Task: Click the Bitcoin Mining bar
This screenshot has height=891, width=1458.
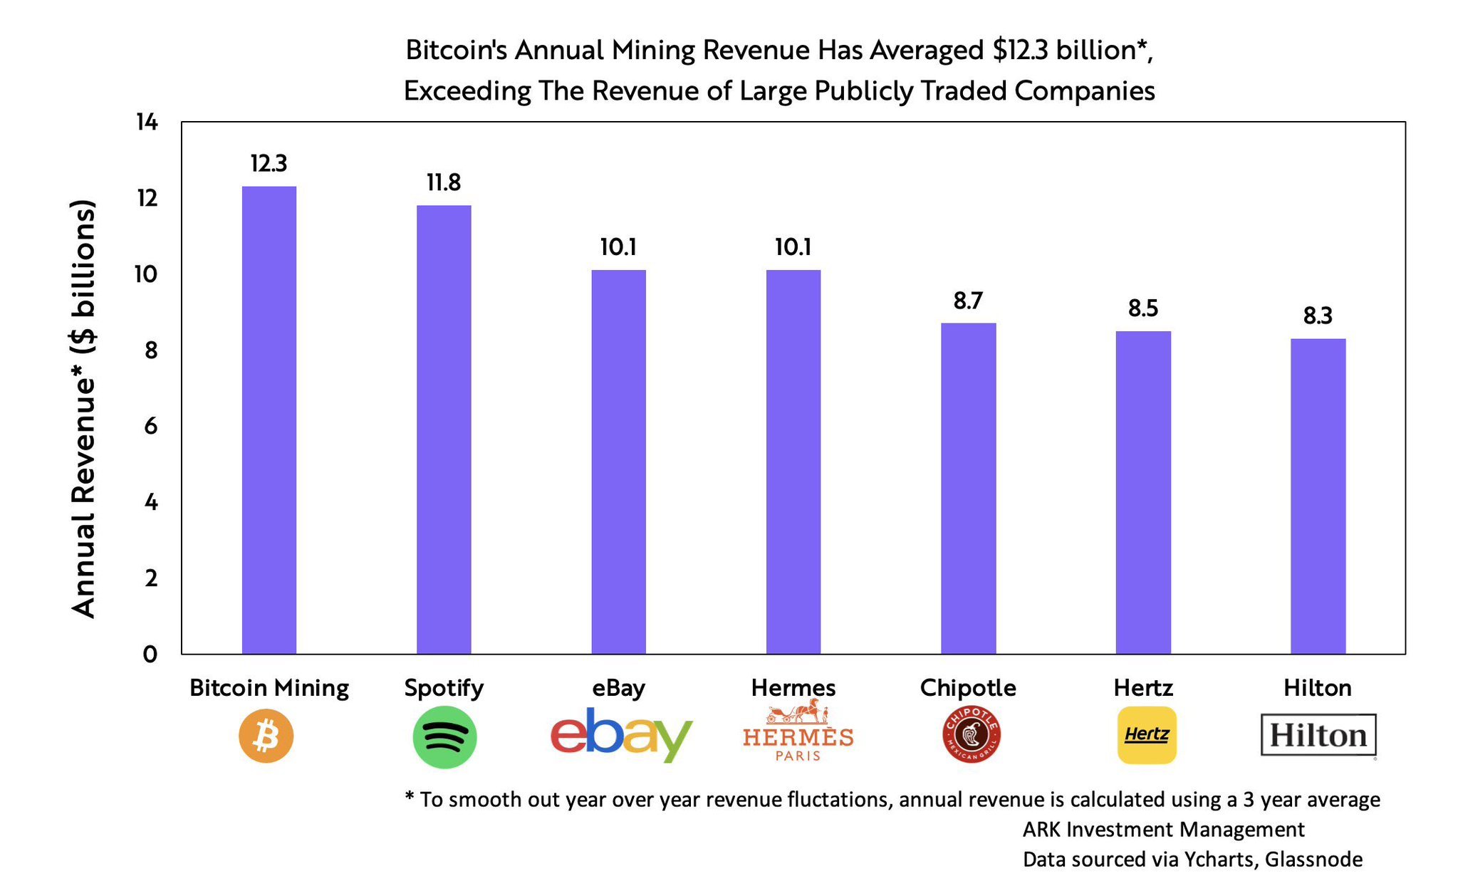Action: point(269,420)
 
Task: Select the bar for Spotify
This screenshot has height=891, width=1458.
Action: point(444,429)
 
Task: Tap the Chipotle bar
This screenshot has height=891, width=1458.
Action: point(968,489)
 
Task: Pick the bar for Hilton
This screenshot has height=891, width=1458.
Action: point(1318,496)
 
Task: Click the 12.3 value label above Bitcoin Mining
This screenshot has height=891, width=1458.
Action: point(269,164)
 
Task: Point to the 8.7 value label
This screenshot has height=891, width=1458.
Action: point(968,301)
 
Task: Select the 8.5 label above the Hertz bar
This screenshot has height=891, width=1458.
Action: point(1142,308)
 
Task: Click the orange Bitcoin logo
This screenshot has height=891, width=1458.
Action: point(266,736)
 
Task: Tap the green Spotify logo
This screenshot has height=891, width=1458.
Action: point(444,736)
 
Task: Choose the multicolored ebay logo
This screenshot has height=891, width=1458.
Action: point(620,735)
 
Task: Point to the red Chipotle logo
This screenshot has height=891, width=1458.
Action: point(971,734)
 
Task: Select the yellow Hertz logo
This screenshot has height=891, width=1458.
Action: point(1147,735)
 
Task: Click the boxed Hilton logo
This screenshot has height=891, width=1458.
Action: point(1318,735)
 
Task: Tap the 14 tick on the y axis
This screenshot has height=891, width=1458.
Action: point(147,123)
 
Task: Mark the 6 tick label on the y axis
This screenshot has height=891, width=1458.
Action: point(150,427)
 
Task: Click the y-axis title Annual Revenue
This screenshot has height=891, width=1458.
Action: point(83,409)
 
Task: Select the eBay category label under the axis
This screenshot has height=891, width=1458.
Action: point(618,688)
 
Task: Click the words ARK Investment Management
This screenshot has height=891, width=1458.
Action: point(1163,830)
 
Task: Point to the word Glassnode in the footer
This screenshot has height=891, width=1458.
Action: point(1313,860)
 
